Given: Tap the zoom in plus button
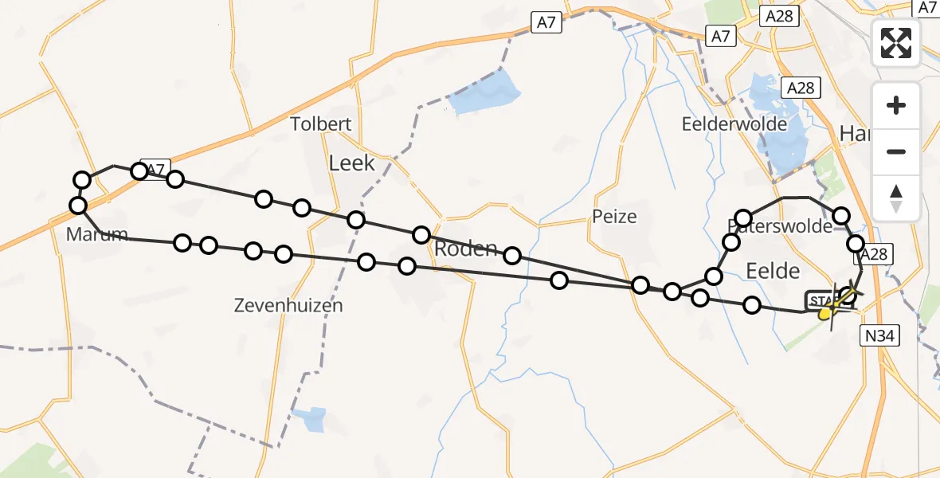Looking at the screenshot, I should (896, 106).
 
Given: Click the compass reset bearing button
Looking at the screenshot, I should (896, 198).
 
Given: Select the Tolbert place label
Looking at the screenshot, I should (321, 124).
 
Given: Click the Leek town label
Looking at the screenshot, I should (351, 163).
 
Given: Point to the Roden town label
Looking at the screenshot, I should (465, 248).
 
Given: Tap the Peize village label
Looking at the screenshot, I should (615, 216).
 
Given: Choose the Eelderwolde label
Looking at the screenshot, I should (734, 124).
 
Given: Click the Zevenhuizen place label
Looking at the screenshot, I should (288, 305).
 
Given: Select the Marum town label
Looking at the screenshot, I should (98, 235).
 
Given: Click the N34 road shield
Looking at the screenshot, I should (879, 336).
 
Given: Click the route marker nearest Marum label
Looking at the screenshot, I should (78, 206).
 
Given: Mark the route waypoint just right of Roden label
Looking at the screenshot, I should (512, 255).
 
